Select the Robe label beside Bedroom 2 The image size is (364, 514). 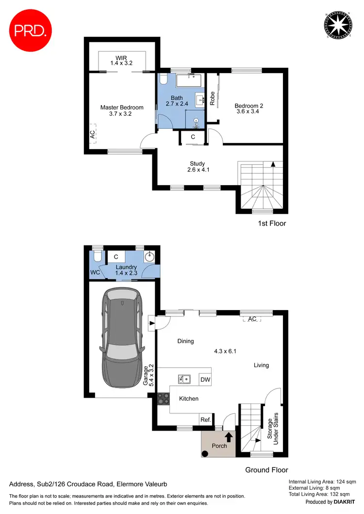coord(213,99)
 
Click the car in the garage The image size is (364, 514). coord(122,339)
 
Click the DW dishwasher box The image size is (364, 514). coord(205,380)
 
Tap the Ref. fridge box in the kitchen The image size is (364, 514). coord(205,420)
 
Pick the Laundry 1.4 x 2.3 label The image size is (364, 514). coord(126,270)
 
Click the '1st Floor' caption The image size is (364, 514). coord(272,223)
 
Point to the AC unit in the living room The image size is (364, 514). coord(252,319)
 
